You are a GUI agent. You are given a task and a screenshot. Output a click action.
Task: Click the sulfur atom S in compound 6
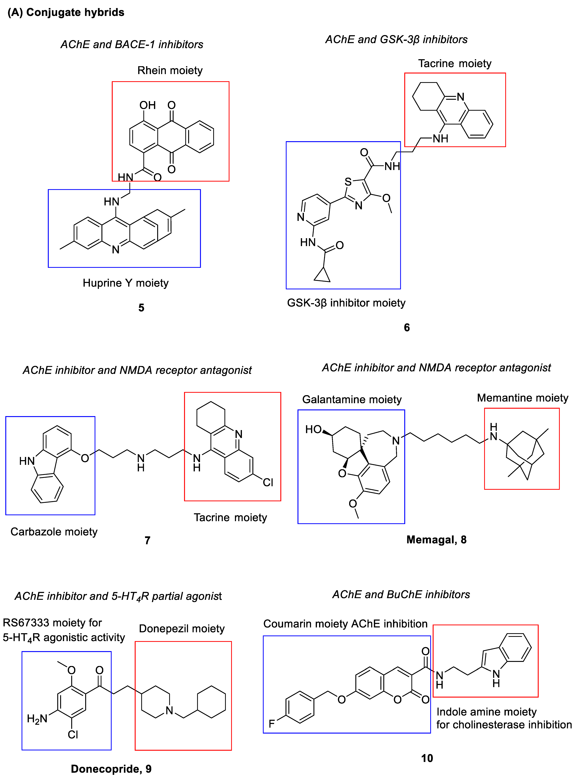click(348, 182)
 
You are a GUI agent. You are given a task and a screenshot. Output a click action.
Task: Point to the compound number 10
click(427, 758)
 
